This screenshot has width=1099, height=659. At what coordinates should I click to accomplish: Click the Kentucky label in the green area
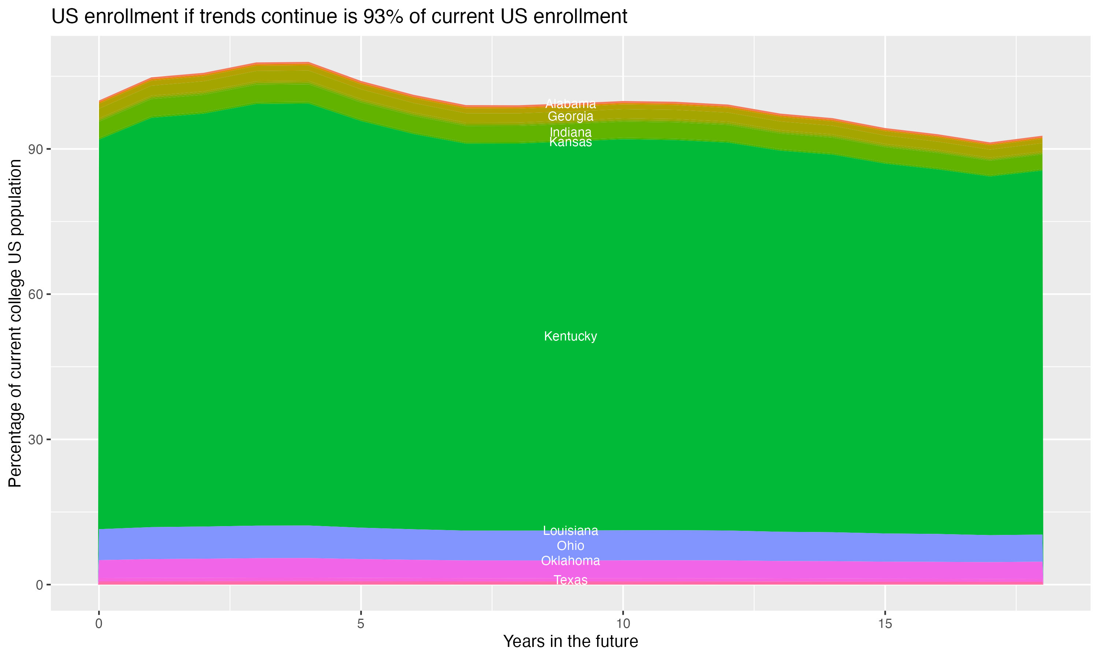[570, 336]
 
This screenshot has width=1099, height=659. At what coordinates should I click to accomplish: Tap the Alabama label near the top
[570, 104]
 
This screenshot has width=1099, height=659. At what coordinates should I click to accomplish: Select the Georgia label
[570, 116]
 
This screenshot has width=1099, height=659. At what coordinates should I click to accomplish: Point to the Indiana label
[570, 132]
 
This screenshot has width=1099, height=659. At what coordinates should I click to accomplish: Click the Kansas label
[570, 142]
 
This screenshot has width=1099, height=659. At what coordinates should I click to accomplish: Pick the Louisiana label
[570, 530]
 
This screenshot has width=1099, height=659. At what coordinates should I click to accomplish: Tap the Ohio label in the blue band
[570, 545]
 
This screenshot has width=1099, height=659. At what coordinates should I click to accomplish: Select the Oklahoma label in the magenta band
[570, 561]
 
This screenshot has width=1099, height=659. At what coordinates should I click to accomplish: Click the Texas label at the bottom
[570, 580]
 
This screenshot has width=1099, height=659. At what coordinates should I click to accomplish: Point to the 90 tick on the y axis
[36, 149]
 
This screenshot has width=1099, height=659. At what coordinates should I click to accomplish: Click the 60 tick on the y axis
[36, 294]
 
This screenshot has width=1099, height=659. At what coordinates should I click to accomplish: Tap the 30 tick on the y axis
[36, 440]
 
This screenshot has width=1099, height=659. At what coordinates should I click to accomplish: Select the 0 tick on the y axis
[39, 585]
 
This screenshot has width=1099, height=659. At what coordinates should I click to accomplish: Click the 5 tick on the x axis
[361, 624]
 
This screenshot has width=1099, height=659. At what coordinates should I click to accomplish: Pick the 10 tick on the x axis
[623, 624]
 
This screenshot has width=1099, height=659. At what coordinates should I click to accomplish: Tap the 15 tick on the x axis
[885, 624]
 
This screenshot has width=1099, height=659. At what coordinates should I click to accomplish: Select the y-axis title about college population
[15, 323]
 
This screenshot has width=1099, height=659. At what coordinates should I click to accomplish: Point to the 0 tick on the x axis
[99, 624]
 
